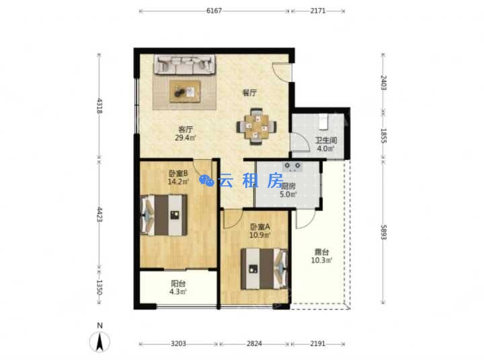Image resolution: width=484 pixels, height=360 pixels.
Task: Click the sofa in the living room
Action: tap(185, 64)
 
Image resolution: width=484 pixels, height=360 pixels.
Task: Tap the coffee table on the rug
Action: tap(185, 91)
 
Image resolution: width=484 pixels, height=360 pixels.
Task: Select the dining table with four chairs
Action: tap(256, 126)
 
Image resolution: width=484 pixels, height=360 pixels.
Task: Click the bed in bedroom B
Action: tap(163, 216)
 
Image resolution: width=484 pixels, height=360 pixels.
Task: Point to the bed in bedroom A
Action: tap(264, 269)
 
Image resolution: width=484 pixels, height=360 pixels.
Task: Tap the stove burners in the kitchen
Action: tap(292, 167)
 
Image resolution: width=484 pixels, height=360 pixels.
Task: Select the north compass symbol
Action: tap(99, 339)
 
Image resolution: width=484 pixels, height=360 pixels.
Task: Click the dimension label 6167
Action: tap(214, 11)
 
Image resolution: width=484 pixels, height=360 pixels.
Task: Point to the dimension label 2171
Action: tap(318, 11)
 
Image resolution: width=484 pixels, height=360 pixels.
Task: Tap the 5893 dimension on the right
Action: tap(383, 232)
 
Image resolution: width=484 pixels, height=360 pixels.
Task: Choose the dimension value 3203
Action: tap(178, 344)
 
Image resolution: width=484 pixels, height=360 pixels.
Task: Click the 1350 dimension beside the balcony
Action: tap(99, 287)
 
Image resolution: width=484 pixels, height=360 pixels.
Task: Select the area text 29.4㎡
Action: tap(186, 138)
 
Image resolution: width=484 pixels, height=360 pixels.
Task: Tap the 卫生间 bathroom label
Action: tap(325, 140)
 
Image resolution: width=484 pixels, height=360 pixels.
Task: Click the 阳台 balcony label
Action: tap(178, 283)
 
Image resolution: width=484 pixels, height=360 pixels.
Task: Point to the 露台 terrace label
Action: tap(321, 252)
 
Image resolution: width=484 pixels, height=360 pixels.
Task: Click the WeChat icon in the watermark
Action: tap(207, 181)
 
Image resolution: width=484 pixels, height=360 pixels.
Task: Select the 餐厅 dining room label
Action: tap(249, 93)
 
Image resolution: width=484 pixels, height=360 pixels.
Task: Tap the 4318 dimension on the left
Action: tap(99, 106)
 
